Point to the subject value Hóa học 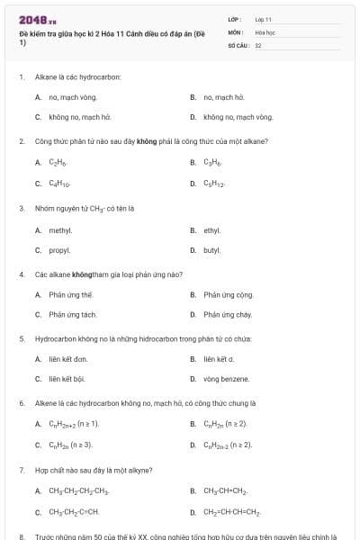pos(264,31)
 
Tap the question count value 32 pos(258,44)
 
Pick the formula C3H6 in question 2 pos(212,163)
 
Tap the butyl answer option pos(212,250)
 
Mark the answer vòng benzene pos(226,380)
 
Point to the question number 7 pos(22,470)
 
